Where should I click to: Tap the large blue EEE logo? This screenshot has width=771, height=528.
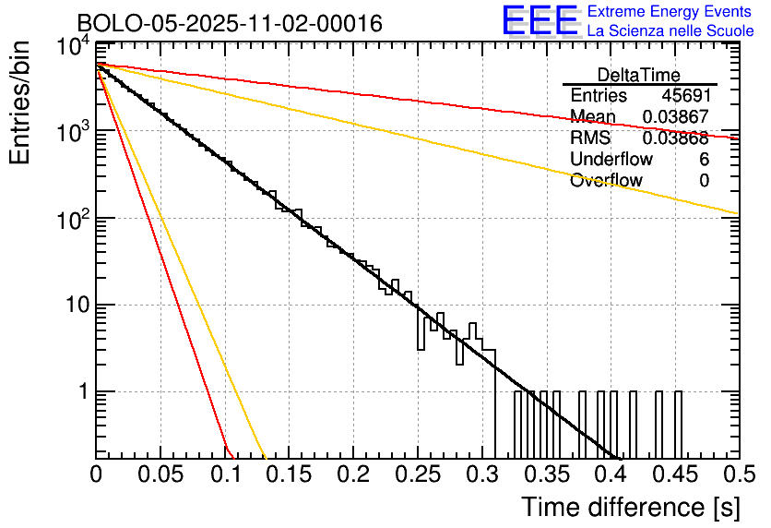(x=540, y=22)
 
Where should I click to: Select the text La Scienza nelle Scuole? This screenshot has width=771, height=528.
(x=670, y=31)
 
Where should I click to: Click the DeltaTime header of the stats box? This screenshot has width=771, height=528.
(x=639, y=75)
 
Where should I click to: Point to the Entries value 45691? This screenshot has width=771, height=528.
(x=685, y=96)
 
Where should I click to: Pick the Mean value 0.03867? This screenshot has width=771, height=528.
(x=675, y=117)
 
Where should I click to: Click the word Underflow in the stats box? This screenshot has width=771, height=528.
(x=611, y=159)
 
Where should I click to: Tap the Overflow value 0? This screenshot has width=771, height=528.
(x=704, y=180)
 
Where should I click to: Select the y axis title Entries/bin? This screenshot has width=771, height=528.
(x=19, y=102)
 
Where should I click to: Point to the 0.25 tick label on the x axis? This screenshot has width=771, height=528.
(x=417, y=474)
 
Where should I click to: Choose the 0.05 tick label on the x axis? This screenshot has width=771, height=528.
(x=160, y=474)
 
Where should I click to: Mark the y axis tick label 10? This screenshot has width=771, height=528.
(x=74, y=306)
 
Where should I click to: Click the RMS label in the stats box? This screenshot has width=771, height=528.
(x=590, y=138)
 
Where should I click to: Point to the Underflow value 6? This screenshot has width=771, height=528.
(x=704, y=159)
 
